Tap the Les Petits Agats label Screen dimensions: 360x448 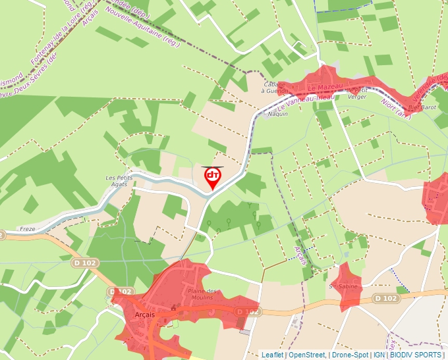tap(120, 181)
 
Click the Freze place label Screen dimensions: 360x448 tap(28, 229)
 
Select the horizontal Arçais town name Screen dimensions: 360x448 tap(144, 315)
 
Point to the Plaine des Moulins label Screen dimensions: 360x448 tap(203, 294)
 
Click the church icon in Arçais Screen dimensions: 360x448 tap(173, 307)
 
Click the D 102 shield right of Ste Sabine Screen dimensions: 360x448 tap(387, 298)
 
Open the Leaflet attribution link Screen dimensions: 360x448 tap(272, 355)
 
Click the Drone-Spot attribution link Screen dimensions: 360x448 tap(350, 355)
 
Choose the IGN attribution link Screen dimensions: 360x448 tap(379, 355)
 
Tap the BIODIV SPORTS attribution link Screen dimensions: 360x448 tap(415, 355)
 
